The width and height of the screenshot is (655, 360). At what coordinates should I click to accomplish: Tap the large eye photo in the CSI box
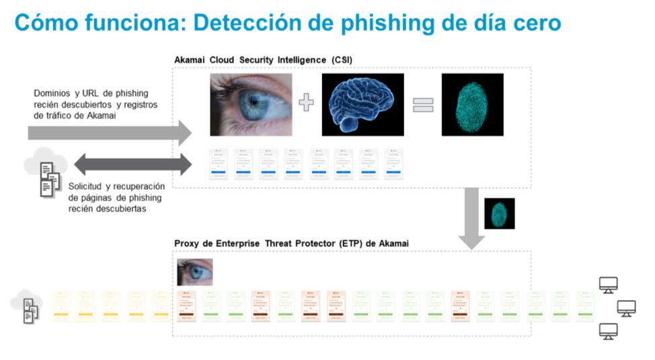(251, 105)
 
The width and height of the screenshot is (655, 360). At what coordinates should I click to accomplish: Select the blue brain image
(362, 105)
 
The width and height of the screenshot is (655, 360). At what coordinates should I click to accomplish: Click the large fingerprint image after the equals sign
(472, 105)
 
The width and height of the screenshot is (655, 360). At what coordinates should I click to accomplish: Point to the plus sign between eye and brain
(307, 103)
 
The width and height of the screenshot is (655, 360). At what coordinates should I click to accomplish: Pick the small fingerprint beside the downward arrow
(499, 213)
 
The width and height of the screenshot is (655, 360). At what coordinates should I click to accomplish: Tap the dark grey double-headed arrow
(132, 164)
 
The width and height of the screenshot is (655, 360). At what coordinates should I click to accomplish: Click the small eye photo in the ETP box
(195, 272)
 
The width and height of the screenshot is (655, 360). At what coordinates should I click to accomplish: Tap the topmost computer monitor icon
(609, 285)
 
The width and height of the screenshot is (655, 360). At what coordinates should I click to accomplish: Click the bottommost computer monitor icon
(609, 331)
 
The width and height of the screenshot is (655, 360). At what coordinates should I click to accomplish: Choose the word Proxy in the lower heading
(188, 244)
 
